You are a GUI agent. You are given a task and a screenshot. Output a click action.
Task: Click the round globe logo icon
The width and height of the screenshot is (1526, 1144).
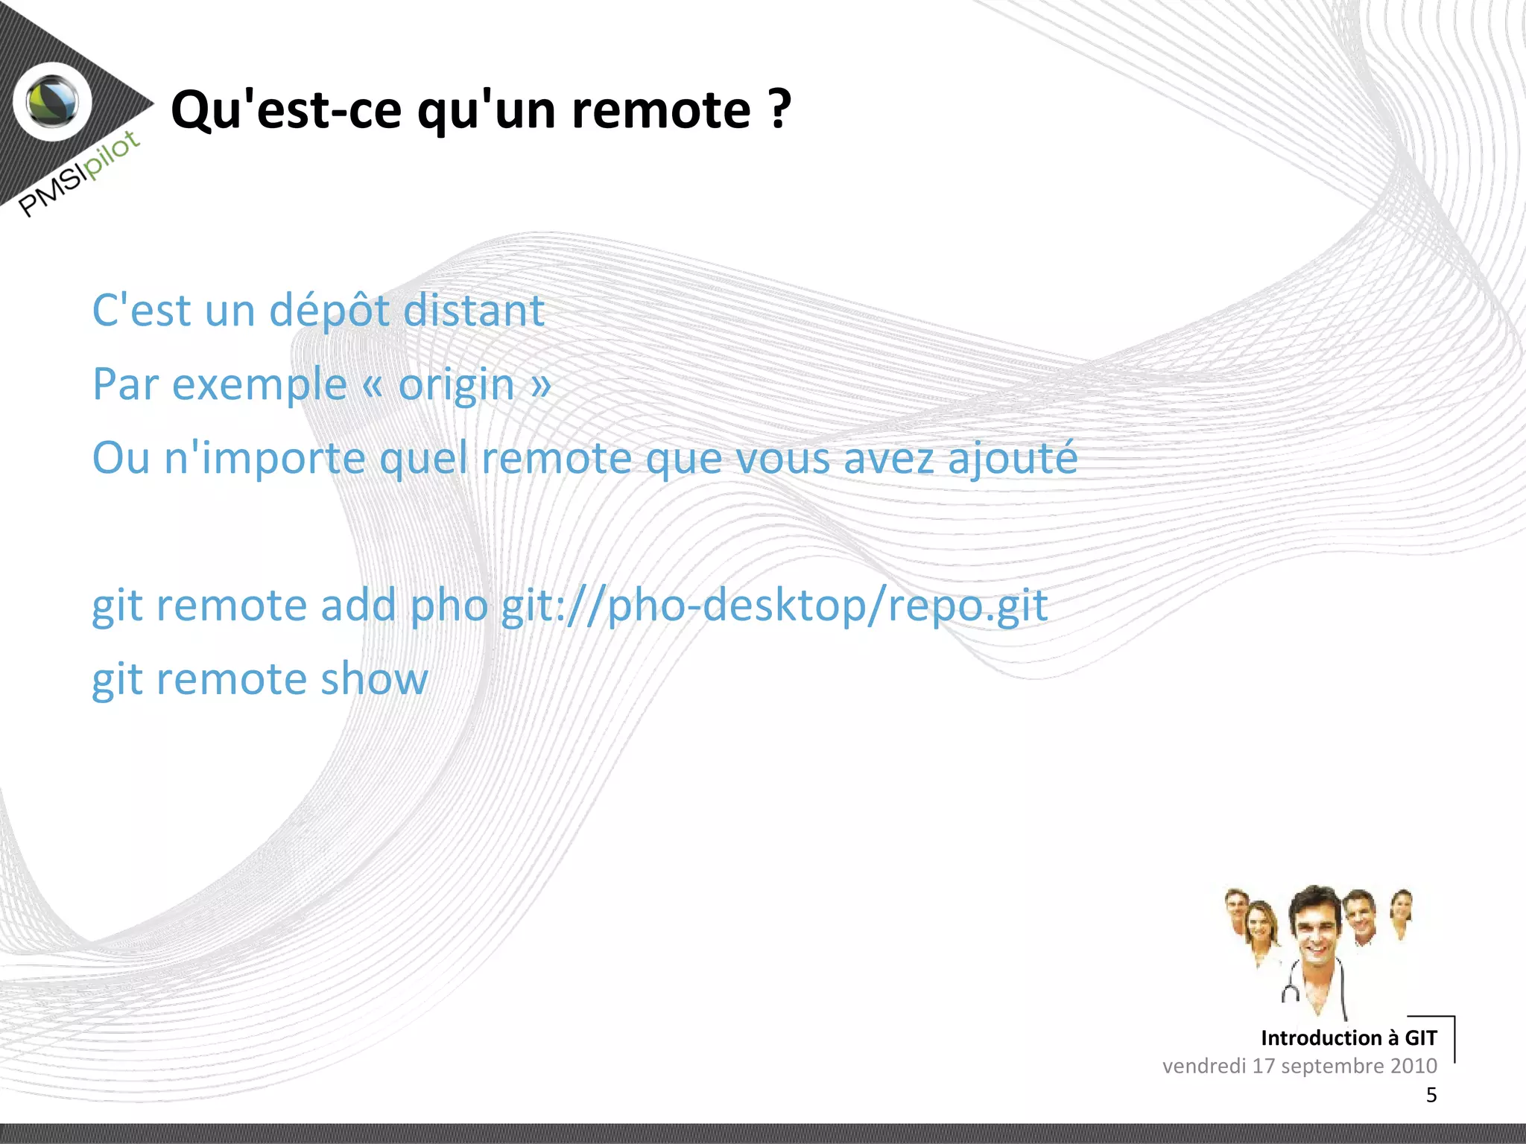click(x=53, y=102)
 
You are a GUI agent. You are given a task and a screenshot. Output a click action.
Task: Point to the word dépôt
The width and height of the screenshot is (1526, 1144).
click(x=329, y=311)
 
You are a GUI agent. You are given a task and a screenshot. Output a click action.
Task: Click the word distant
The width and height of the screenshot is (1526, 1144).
click(x=474, y=310)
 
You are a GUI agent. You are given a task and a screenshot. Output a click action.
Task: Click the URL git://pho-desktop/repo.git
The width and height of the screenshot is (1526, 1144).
click(x=774, y=605)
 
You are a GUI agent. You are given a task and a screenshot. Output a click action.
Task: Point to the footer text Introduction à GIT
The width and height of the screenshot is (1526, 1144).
click(x=1348, y=1037)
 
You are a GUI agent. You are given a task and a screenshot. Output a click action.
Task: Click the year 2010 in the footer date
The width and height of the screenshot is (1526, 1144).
click(x=1413, y=1066)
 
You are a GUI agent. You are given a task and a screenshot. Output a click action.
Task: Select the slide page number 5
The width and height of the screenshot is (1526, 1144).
click(x=1431, y=1095)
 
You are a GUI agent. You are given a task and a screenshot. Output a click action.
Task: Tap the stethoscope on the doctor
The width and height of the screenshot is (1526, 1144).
click(x=1291, y=991)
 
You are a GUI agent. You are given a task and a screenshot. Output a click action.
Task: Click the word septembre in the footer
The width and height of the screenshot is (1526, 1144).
click(x=1332, y=1066)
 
